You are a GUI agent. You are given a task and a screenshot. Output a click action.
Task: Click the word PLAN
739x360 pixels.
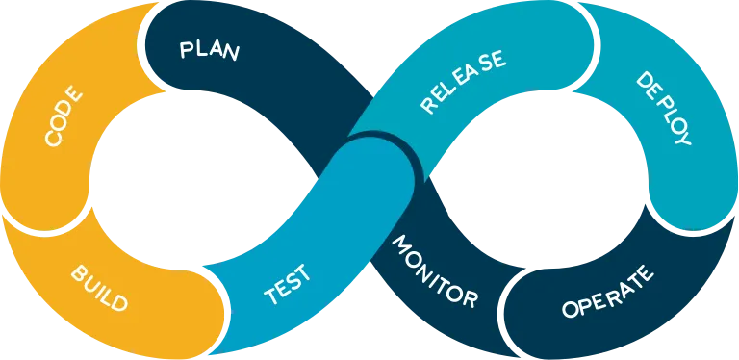click(209, 50)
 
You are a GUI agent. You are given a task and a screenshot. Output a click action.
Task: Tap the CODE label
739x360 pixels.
click(64, 116)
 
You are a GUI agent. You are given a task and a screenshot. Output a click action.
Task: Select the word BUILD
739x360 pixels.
click(99, 288)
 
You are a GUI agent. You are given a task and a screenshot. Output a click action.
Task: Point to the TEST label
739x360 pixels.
click(288, 284)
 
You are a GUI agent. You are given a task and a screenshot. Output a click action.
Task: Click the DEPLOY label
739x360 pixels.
click(664, 109)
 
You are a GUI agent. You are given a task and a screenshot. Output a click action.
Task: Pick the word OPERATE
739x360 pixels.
click(608, 294)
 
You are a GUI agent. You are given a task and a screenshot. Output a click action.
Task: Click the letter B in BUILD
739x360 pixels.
click(79, 272)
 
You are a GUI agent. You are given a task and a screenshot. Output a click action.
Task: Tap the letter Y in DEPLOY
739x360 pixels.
click(682, 138)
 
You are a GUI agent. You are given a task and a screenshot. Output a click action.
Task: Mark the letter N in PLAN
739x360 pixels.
click(230, 53)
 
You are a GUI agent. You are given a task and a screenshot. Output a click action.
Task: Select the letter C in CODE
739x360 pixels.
click(53, 139)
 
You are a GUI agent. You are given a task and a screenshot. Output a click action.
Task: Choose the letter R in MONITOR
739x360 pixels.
click(471, 299)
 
